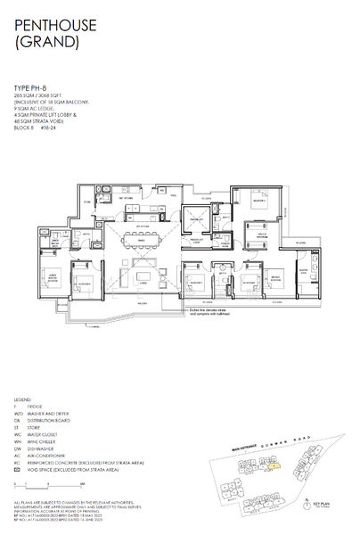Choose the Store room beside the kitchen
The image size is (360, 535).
pos(87,202)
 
